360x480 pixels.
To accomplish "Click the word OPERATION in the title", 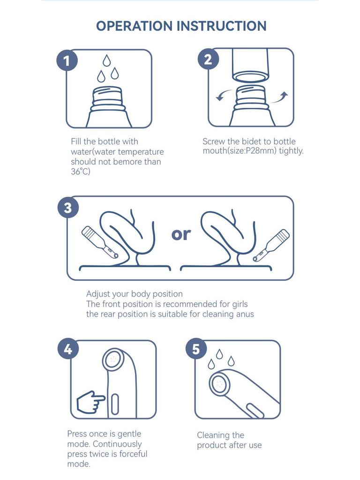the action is tap(135, 26).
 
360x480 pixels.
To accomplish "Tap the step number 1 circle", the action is tap(67, 60).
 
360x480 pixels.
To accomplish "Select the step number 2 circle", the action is tap(208, 59).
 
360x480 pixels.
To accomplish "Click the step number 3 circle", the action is tap(68, 208).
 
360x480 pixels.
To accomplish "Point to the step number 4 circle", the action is tap(68, 349).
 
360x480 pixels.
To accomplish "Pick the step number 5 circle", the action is tap(196, 349).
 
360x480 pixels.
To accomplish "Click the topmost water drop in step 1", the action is tap(106, 60).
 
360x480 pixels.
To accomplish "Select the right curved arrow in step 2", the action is tap(280, 97).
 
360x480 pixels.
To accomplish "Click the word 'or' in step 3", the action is tap(181, 234).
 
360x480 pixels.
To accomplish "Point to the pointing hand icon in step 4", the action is tap(90, 401).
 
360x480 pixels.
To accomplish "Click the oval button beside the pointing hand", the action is tap(115, 405).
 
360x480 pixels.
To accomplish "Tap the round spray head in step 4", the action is tap(113, 359).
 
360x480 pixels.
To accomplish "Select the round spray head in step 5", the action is tap(219, 383).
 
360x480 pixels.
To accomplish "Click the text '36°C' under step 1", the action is tap(81, 172).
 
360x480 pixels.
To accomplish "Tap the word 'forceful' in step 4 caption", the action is tap(133, 453).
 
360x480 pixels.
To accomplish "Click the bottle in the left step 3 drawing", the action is tap(100, 242).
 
